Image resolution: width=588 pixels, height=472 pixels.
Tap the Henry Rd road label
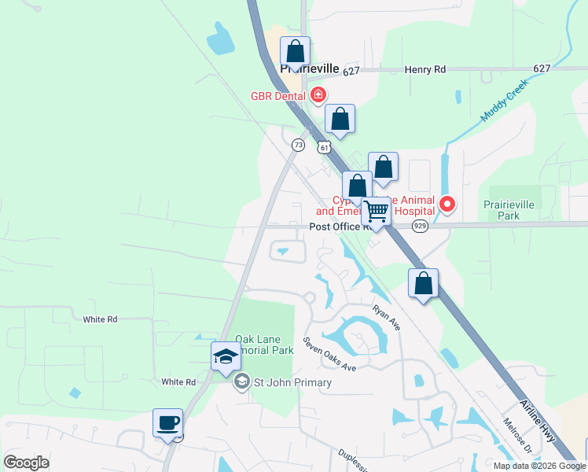click(x=424, y=70)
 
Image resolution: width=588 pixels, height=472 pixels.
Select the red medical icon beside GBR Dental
click(x=318, y=96)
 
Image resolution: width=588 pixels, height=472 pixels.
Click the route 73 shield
click(x=298, y=145)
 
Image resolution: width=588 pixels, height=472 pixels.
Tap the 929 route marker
click(x=421, y=226)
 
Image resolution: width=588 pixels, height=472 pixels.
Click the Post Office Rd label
click(x=340, y=227)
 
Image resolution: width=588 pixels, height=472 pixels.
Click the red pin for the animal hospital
click(x=447, y=205)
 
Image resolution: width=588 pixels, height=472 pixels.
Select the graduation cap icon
click(x=226, y=356)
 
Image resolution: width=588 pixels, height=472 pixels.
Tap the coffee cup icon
click(x=167, y=422)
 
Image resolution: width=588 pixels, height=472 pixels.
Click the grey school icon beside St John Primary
click(x=242, y=382)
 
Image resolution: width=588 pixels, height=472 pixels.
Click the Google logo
click(x=27, y=463)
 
